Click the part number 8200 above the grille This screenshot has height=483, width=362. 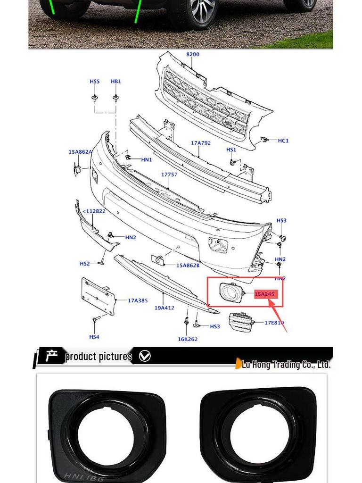click(193, 54)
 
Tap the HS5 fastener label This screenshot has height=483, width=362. click(95, 82)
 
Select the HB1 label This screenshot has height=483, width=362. click(116, 82)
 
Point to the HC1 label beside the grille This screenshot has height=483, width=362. click(283, 141)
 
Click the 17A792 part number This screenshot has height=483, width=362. click(201, 142)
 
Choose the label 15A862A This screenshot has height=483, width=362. click(80, 152)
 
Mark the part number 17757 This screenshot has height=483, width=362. click(169, 175)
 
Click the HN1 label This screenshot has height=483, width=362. click(147, 160)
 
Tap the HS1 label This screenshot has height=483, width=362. click(231, 150)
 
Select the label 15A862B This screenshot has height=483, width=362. click(188, 266)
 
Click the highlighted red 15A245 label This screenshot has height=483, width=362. click(264, 294)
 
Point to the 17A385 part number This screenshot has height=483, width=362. click(138, 300)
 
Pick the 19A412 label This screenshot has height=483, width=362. click(165, 308)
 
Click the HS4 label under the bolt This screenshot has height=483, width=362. click(94, 337)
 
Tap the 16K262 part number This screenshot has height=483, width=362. click(188, 339)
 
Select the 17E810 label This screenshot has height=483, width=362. click(274, 323)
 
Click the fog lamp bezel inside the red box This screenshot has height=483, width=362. click(230, 292)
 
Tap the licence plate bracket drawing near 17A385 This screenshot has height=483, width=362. click(98, 296)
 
